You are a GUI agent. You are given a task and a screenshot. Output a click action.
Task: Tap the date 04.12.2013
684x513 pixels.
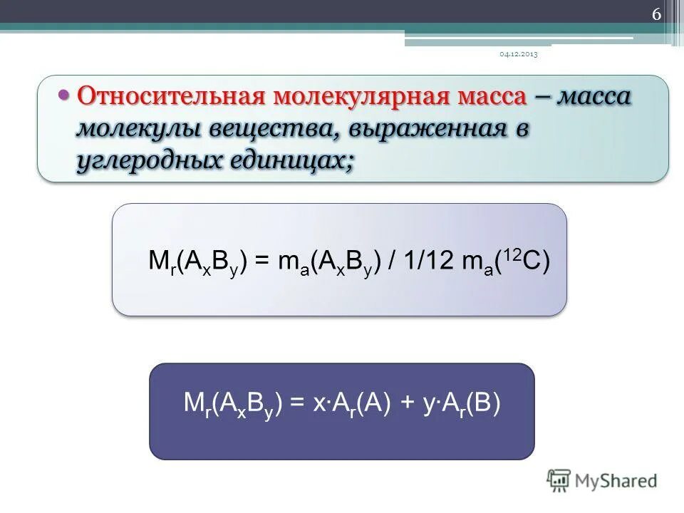(x=518, y=55)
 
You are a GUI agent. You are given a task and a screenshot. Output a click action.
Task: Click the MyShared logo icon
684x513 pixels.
(x=560, y=480)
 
